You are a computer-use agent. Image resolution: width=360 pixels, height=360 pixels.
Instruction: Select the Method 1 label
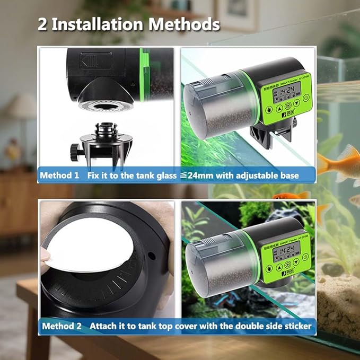pos(59,174)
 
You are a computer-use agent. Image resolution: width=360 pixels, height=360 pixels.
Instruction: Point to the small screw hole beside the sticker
pos(152,256)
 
